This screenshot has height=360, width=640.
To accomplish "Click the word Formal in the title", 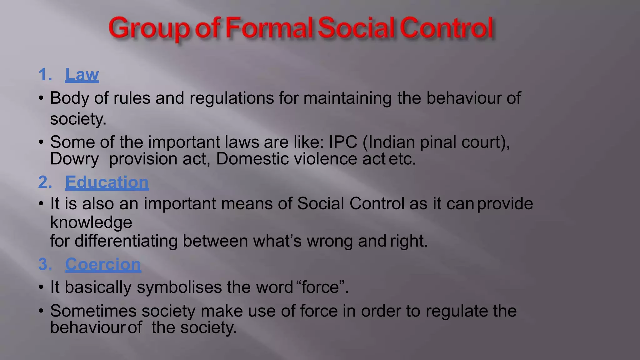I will click(268, 28).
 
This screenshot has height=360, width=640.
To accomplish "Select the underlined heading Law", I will click(82, 75).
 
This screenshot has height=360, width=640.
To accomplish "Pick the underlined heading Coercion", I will click(103, 264).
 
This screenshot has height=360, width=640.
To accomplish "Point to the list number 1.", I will click(45, 75).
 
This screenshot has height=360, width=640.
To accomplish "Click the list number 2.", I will click(45, 182).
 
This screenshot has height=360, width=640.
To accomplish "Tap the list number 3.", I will click(45, 264).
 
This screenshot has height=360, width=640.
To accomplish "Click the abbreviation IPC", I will click(343, 142).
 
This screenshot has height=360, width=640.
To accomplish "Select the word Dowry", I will click(74, 159).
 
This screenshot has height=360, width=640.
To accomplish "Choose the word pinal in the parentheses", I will click(437, 142).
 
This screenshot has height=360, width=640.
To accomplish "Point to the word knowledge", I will click(91, 222).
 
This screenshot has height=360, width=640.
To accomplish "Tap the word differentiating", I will click(126, 241).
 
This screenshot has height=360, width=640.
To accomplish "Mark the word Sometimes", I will click(93, 311).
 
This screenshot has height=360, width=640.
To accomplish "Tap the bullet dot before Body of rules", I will click(41, 98).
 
